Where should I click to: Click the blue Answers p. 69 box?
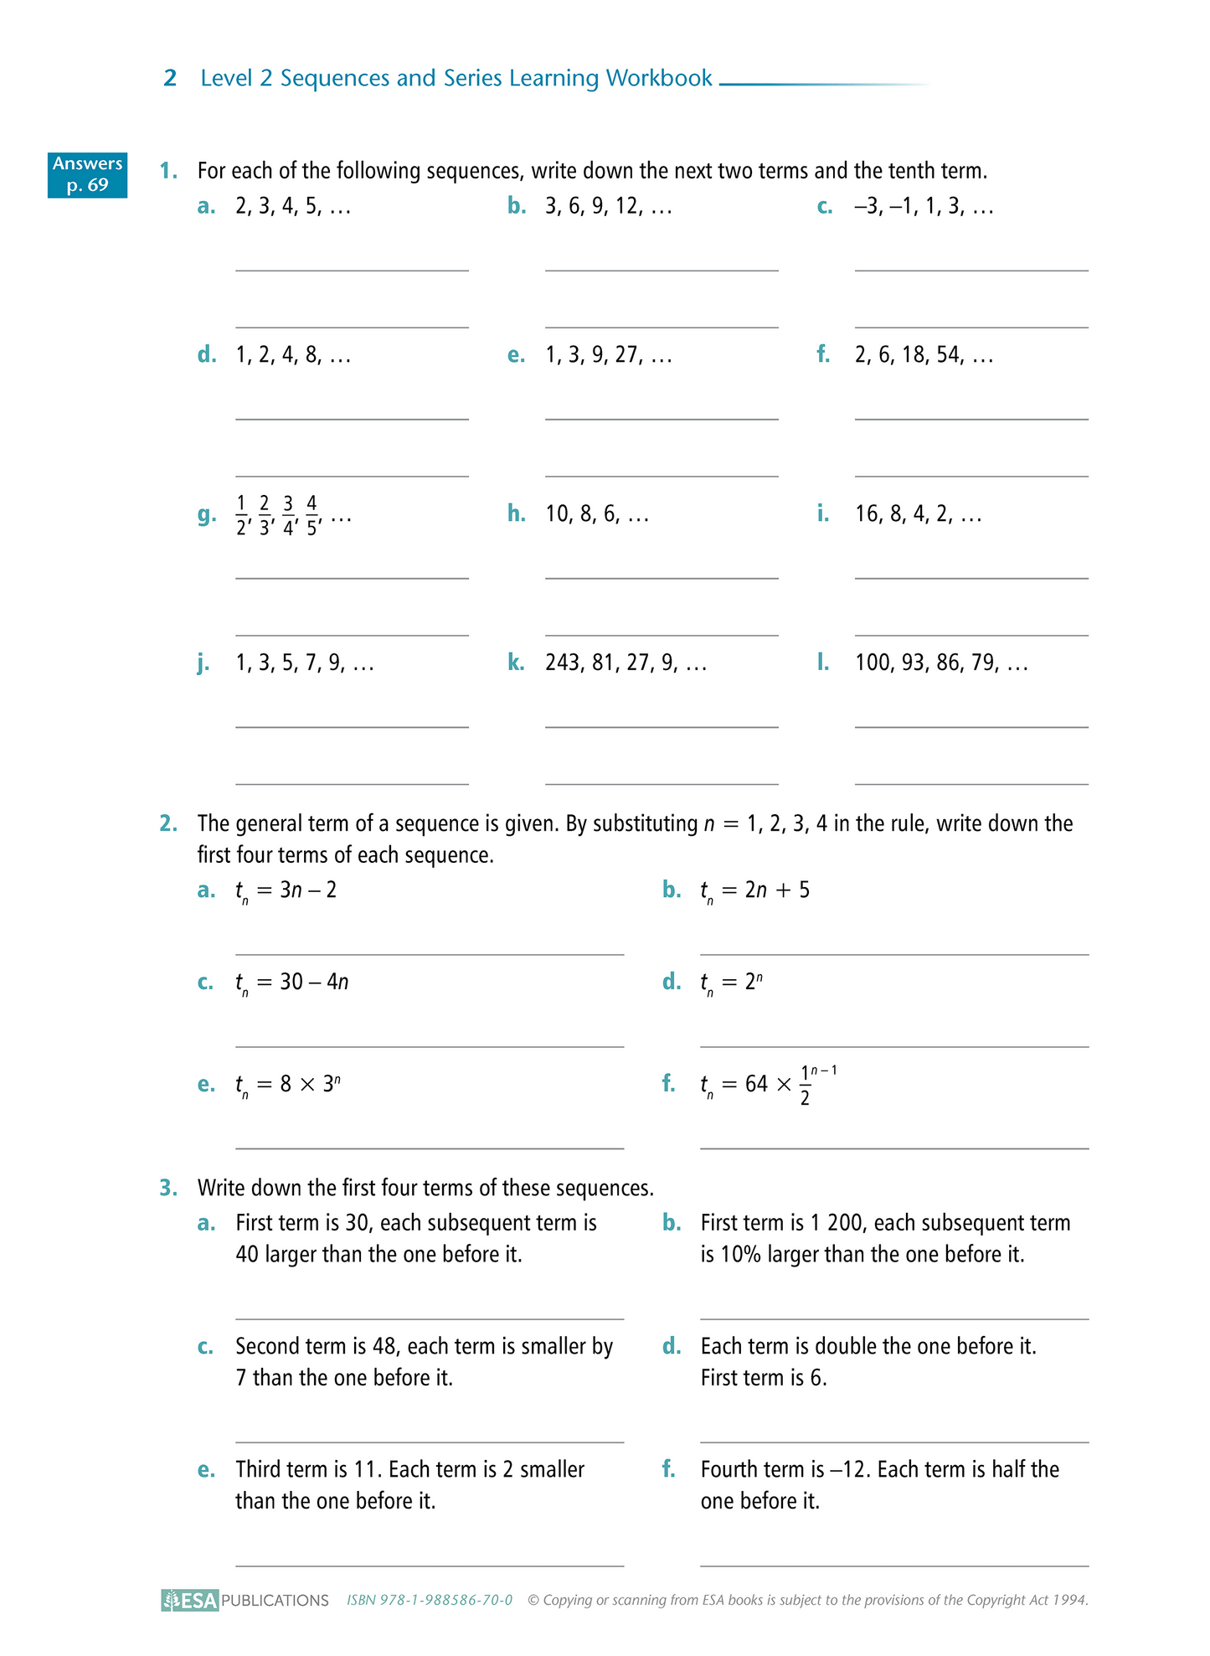click(87, 174)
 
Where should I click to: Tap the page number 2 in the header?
click(170, 79)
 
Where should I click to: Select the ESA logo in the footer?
click(190, 1600)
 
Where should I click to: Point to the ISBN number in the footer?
click(430, 1600)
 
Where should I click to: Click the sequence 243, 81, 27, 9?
click(626, 663)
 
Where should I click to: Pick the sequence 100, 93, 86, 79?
click(941, 663)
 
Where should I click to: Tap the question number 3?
click(168, 1189)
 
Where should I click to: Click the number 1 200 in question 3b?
click(837, 1224)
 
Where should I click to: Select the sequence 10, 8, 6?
click(597, 514)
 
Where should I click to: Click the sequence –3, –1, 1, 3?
click(924, 207)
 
